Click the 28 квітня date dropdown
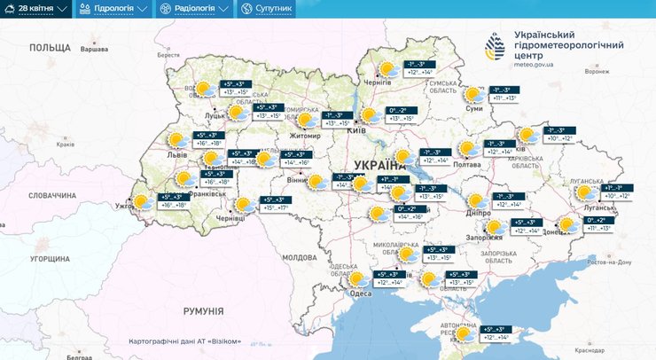[x=36, y=9]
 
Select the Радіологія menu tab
[x=192, y=9]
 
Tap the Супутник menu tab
[x=267, y=9]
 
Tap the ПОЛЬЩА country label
[x=49, y=45]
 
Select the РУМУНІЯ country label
[x=204, y=310]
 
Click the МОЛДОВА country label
[x=299, y=257]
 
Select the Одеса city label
[x=361, y=295]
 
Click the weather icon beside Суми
[x=475, y=94]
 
